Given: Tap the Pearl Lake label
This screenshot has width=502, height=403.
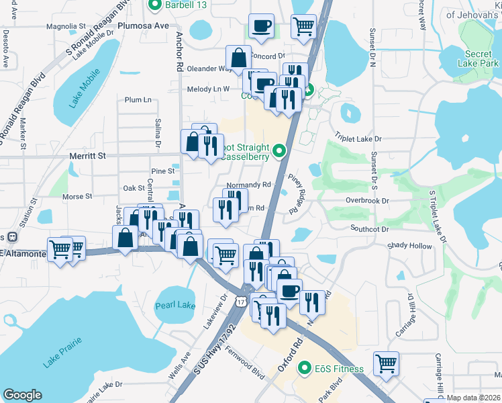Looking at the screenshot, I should [x=174, y=305].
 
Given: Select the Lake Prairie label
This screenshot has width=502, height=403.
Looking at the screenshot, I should [x=63, y=353].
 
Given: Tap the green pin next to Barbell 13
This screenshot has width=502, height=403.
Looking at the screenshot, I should [x=154, y=6].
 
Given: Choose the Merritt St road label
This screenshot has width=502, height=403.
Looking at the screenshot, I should [x=88, y=155].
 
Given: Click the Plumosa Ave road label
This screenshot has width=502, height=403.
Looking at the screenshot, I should [x=143, y=26].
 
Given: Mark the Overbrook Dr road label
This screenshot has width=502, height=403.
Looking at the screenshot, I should [x=367, y=200].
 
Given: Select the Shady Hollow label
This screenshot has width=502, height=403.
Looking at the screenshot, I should [x=409, y=246].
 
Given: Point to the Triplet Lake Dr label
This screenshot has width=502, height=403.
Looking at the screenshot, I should [x=358, y=138].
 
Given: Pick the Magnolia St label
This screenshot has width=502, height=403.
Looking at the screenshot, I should [x=66, y=26].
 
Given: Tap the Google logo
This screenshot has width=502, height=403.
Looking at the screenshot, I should [x=22, y=394].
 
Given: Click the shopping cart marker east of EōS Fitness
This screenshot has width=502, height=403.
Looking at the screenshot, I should [x=386, y=363].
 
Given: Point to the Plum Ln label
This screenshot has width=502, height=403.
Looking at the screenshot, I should [x=138, y=99].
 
